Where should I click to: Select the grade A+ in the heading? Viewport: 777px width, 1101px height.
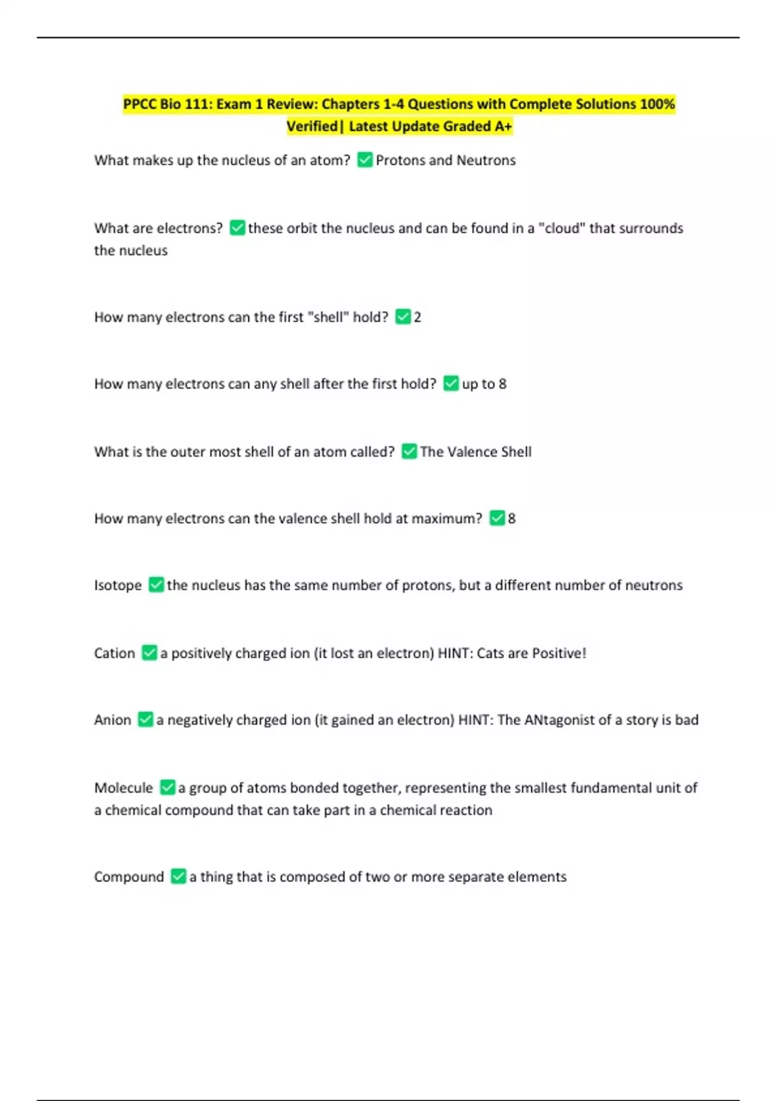pyautogui.click(x=504, y=126)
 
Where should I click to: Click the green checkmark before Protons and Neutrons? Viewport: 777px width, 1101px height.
pyautogui.click(x=365, y=160)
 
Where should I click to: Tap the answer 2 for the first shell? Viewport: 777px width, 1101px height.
pyautogui.click(x=418, y=317)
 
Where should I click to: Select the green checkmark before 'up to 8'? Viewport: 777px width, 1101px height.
pyautogui.click(x=451, y=383)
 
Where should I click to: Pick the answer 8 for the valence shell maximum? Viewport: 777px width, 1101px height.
pyautogui.click(x=512, y=518)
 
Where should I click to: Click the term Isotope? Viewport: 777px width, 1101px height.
pyautogui.click(x=118, y=585)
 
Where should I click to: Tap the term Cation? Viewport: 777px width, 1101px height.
pyautogui.click(x=115, y=653)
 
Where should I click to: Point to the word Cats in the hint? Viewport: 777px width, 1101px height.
pyautogui.click(x=491, y=653)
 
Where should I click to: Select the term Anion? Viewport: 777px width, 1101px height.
pyautogui.click(x=113, y=720)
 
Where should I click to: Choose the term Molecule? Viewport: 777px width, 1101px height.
pyautogui.click(x=124, y=788)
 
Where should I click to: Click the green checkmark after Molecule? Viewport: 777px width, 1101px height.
pyautogui.click(x=168, y=788)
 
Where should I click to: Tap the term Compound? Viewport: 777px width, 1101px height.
pyautogui.click(x=129, y=877)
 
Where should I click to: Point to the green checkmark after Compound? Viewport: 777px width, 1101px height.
pyautogui.click(x=179, y=876)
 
